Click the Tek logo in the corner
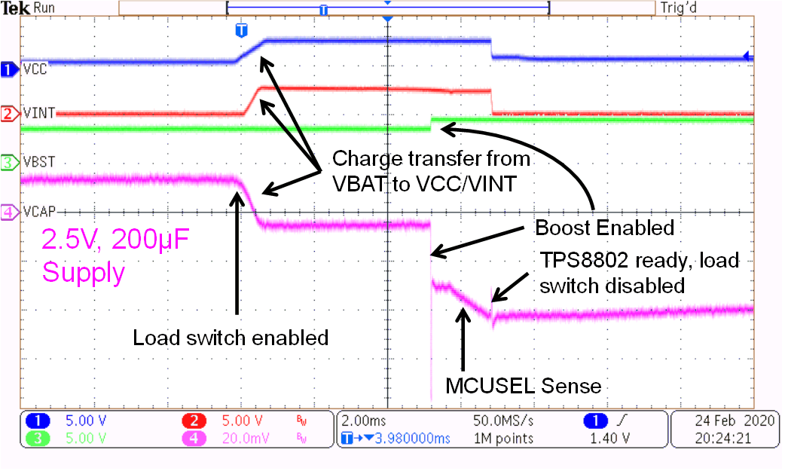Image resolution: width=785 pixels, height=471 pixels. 14,8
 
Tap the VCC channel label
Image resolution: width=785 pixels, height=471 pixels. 34,70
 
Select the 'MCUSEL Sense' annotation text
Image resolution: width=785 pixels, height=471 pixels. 523,387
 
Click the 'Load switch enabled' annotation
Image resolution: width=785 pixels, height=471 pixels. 231,337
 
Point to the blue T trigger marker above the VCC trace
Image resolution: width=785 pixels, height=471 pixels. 241,31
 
